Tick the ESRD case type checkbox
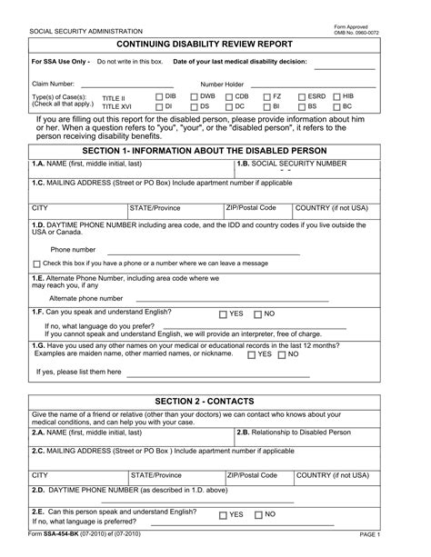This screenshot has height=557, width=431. pos(300,95)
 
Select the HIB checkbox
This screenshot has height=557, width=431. pos(336,95)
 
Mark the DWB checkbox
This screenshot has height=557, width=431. pos(194,95)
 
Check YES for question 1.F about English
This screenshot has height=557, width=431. pos(223,313)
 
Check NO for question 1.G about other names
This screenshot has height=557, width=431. pos(282,354)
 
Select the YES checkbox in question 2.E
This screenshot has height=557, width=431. pos(223,515)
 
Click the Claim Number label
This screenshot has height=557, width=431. pos(53,83)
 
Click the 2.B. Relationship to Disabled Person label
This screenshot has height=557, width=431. pos(293,433)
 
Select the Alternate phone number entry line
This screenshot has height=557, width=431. pos(227,299)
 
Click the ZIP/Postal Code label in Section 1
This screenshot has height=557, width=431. pos(251,207)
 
